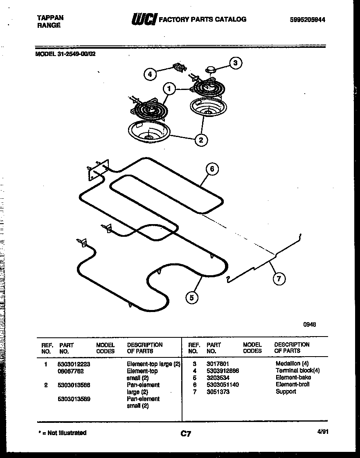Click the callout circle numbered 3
coord(235,63)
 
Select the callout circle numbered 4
coord(150,74)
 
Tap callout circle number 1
coord(169,88)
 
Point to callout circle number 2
coord(201,140)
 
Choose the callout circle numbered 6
coord(211,169)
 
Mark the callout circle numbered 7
coord(279,279)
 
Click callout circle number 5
coord(191,297)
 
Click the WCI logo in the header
coord(143,19)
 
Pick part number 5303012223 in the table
coord(74,364)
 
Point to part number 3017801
coord(218,364)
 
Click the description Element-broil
coord(292,384)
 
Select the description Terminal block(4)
coord(297,370)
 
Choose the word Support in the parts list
coord(286,392)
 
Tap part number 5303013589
coord(74,399)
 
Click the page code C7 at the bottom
coord(186,434)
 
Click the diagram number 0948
coord(309,324)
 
